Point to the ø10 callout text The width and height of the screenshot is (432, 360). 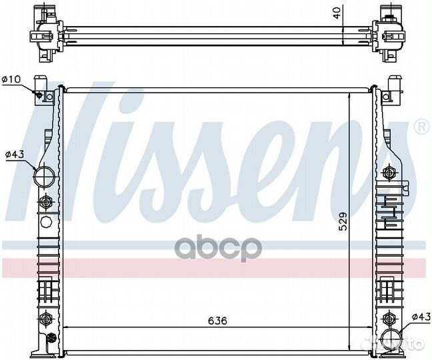pos(11,79)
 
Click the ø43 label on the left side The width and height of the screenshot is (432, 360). pos(14,155)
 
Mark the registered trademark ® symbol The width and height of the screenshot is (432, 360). pos(421,125)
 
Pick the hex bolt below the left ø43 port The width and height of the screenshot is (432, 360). pos(45,201)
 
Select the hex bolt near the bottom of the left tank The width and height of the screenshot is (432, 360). pos(45,317)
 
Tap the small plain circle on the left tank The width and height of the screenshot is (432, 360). pos(45,222)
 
